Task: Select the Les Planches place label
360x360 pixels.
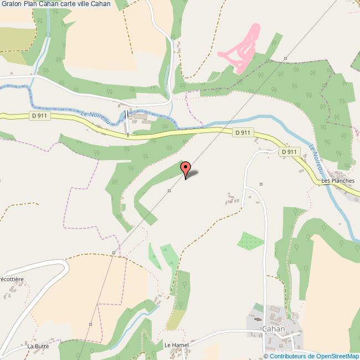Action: click(x=337, y=181)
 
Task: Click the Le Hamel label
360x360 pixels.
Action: click(x=177, y=345)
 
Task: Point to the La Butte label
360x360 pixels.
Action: click(x=38, y=346)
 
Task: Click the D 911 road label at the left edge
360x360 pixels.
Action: click(x=38, y=116)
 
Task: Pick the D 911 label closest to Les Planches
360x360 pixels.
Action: click(x=290, y=151)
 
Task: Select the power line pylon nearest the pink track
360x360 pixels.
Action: click(x=285, y=58)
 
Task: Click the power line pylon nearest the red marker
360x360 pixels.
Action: click(x=169, y=190)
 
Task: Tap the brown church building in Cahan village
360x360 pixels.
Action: click(x=256, y=319)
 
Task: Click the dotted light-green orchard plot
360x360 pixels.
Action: click(x=250, y=241)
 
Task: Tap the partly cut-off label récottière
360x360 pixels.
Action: click(x=12, y=280)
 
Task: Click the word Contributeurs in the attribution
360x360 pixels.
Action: click(x=287, y=356)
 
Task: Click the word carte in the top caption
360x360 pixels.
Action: click(x=68, y=4)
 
